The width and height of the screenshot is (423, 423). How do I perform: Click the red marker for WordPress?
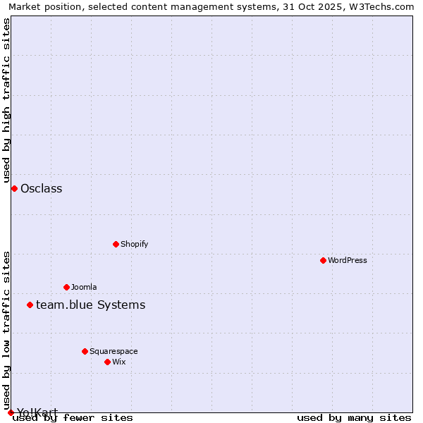point(323,260)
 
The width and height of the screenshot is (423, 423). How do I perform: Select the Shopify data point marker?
point(116,244)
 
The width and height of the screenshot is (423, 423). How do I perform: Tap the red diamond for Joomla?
point(66,287)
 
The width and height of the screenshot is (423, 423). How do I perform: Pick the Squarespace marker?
point(85,351)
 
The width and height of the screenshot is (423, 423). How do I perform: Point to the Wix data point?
point(107,362)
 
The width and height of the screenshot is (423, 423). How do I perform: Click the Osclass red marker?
point(14,188)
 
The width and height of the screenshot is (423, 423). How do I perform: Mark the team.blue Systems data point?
point(30,305)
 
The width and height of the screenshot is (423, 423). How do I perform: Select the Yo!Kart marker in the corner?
point(11,412)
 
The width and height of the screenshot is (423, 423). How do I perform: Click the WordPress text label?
point(348,260)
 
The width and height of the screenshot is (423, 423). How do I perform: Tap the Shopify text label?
point(134,244)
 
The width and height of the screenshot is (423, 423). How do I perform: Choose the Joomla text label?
point(84,287)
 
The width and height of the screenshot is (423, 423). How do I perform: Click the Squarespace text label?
point(114,351)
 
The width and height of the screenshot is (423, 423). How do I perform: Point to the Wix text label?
point(118,362)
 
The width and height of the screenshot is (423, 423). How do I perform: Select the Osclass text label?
point(42,188)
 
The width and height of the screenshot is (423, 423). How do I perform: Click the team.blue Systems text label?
point(90,305)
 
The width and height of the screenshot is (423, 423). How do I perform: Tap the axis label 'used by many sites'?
point(354,418)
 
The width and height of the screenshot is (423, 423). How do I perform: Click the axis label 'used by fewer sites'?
point(73,418)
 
